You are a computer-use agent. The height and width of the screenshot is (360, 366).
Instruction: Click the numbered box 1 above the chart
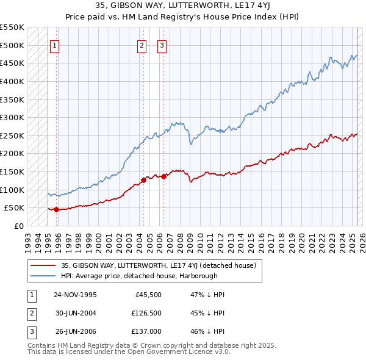(x=54, y=45)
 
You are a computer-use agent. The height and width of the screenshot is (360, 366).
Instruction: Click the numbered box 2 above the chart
(x=142, y=45)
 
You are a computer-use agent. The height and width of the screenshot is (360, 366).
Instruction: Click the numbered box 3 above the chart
(x=162, y=45)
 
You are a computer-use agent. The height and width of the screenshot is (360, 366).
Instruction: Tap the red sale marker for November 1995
(x=56, y=209)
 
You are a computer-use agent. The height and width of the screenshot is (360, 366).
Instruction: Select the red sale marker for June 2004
(x=143, y=180)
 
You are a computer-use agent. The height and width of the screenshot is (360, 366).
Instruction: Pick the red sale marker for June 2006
(x=163, y=176)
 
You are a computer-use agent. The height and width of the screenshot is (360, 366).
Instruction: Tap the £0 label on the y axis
(x=18, y=226)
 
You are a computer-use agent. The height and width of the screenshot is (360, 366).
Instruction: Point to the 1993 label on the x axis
(x=28, y=241)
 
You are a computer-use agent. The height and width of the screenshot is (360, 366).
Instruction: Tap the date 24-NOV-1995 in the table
(x=75, y=295)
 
